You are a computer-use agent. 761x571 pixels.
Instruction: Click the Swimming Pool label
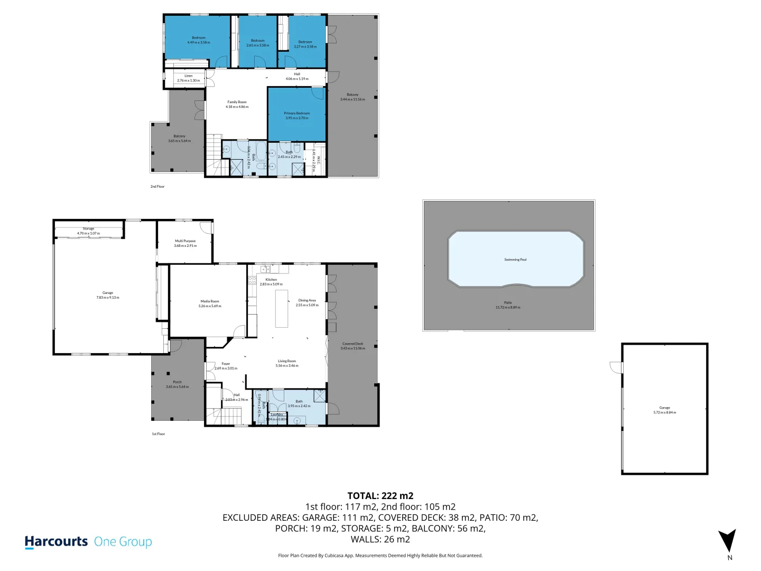click(x=515, y=260)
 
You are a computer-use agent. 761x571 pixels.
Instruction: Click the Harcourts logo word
click(x=56, y=541)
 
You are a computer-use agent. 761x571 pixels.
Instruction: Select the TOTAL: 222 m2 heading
click(x=380, y=495)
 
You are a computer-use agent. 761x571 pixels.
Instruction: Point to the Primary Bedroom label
click(x=296, y=113)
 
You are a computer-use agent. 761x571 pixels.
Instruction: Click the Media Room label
click(x=210, y=301)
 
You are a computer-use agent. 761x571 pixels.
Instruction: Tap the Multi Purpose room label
click(x=185, y=241)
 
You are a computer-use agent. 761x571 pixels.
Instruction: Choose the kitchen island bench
click(x=282, y=308)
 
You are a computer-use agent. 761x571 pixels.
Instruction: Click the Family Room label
click(x=237, y=102)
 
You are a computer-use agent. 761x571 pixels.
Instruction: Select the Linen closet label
click(x=188, y=76)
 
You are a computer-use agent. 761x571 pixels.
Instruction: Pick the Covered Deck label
click(x=352, y=344)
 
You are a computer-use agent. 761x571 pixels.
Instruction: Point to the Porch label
click(x=177, y=382)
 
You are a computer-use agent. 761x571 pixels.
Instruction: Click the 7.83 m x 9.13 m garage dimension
click(x=108, y=298)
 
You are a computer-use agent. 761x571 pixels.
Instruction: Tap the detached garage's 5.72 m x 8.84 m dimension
click(x=664, y=412)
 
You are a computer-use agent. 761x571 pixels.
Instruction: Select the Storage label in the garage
click(x=88, y=229)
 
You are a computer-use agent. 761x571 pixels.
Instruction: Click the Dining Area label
click(x=307, y=300)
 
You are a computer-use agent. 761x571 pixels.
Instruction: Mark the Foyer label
click(x=226, y=364)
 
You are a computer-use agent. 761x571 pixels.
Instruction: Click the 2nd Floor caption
click(x=157, y=187)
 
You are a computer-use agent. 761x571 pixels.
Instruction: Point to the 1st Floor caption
click(x=159, y=434)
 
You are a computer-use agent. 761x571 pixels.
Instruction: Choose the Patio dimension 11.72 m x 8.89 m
click(x=507, y=307)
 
